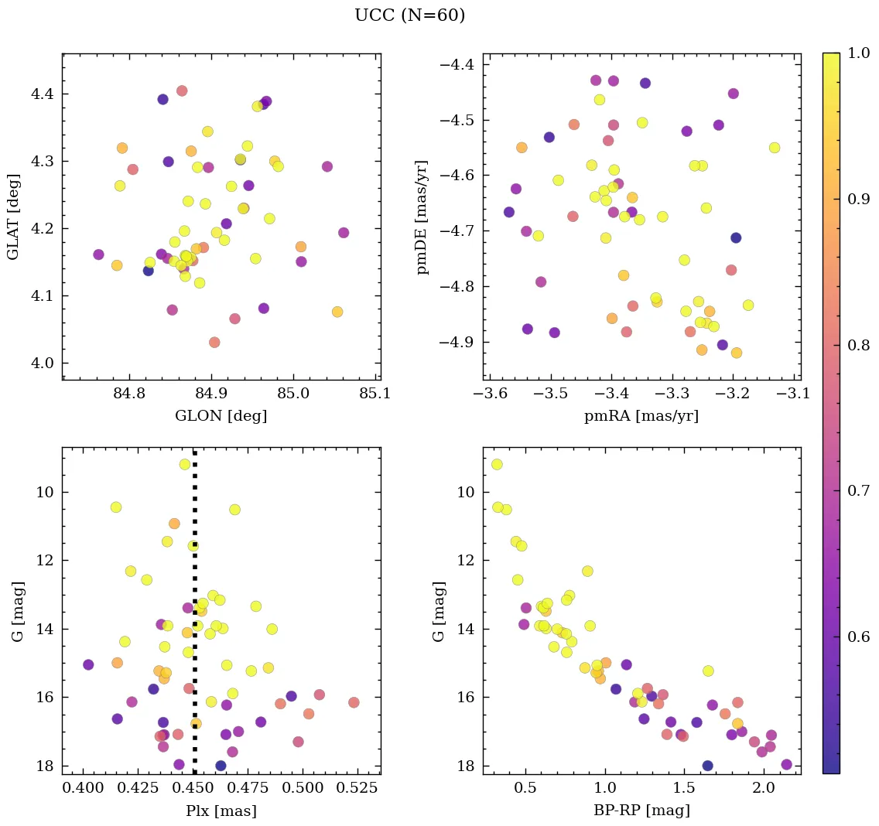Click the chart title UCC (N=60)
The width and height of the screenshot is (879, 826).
pos(409,15)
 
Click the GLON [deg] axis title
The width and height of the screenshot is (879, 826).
pos(221,416)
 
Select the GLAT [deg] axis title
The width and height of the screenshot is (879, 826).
pos(13,217)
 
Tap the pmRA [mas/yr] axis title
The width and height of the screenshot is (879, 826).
pos(641,416)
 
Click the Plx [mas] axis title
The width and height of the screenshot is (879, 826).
pos(221,811)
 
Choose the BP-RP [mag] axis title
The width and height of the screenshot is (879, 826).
pos(641,811)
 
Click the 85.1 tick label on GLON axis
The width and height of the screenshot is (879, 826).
pos(375,394)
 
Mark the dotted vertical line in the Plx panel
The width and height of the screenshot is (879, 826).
pos(194,619)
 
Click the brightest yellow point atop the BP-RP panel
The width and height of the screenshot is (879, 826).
pos(497,464)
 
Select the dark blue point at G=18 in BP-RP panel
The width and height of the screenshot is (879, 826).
pos(707,766)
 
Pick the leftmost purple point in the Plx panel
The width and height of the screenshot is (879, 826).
pos(88,664)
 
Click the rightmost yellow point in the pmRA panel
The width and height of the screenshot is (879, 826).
pos(775,148)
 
